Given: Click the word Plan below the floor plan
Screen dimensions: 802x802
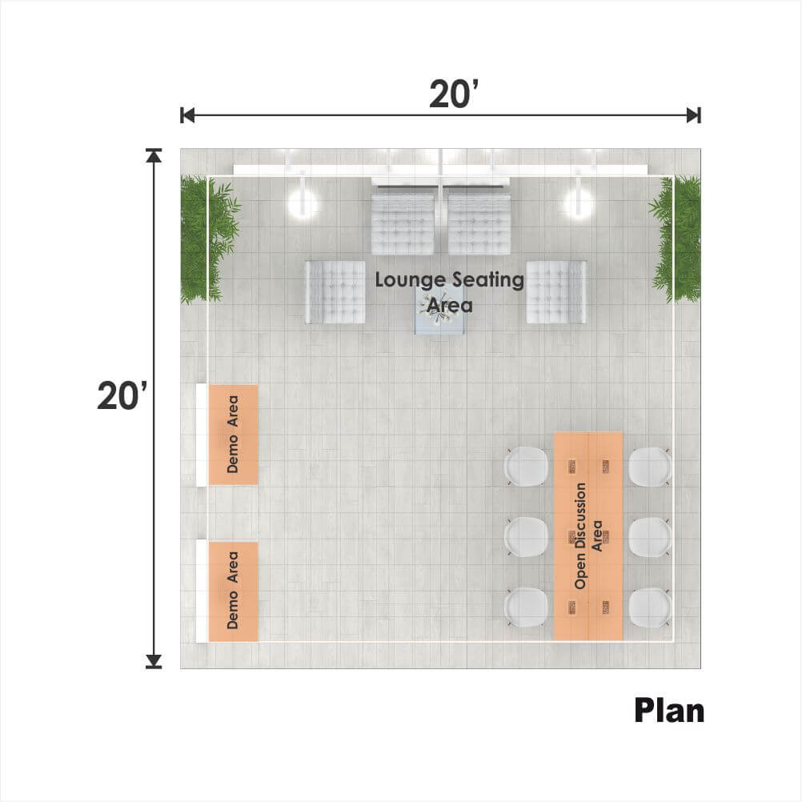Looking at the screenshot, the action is [669, 711].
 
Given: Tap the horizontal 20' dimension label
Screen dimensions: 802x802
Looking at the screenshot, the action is [454, 94].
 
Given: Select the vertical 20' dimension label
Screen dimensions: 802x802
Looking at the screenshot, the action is [122, 396].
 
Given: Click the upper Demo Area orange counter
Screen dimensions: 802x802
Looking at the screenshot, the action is [233, 435].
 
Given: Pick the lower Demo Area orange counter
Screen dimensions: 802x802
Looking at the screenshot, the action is [233, 591].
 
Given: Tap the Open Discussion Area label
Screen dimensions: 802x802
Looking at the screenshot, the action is [588, 535].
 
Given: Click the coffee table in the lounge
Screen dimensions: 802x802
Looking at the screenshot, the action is [439, 310].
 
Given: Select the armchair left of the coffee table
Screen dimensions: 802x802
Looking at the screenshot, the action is [335, 292].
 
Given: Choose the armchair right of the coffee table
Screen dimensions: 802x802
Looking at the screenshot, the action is [556, 292].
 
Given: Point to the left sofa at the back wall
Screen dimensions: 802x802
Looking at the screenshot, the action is [403, 223].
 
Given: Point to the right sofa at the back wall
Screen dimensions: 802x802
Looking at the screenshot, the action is [479, 223].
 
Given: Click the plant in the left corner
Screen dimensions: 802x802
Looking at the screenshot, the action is [207, 239].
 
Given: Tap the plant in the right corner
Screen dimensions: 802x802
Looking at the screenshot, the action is [676, 239].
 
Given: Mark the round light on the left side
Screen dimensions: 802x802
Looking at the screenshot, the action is [303, 203].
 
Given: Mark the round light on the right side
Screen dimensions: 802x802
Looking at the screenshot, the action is [579, 203].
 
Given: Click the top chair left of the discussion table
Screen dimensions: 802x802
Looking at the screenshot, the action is [527, 467].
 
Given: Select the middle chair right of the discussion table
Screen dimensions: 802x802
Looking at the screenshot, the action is [650, 536].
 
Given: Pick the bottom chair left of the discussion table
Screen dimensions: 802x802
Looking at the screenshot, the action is [527, 608].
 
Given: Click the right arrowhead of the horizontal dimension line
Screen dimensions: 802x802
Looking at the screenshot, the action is [694, 115].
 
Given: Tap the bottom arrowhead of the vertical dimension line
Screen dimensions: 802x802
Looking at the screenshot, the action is [154, 662].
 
